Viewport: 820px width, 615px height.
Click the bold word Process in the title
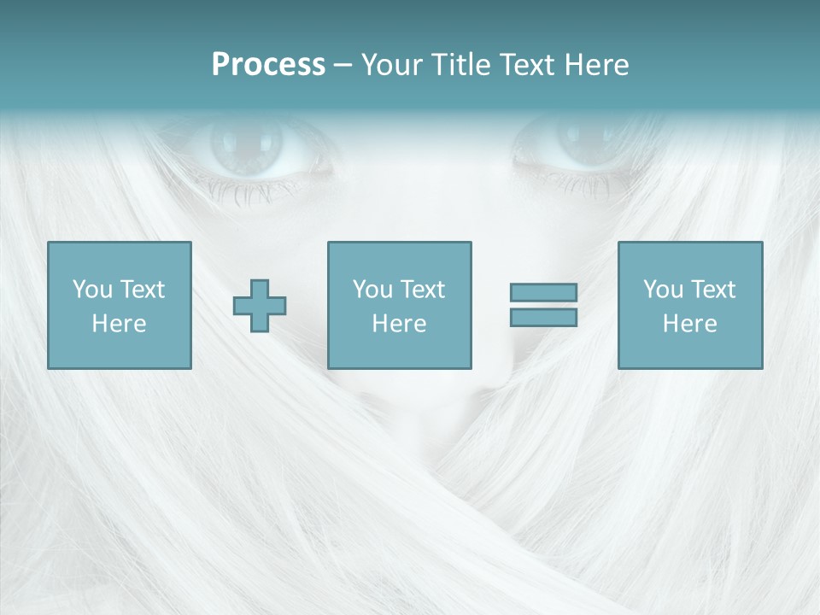(x=268, y=65)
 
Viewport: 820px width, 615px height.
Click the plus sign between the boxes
(x=260, y=306)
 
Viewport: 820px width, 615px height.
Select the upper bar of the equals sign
(x=543, y=293)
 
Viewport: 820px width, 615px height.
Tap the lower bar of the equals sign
(x=543, y=317)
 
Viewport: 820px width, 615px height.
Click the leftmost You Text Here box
(x=119, y=305)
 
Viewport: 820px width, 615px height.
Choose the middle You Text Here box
(x=399, y=305)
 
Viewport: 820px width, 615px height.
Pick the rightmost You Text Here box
(x=689, y=305)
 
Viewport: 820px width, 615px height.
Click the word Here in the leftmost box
(x=119, y=324)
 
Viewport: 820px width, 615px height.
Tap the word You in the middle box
(x=372, y=290)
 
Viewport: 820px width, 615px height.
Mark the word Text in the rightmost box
(x=712, y=290)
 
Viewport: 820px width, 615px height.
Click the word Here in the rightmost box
(x=689, y=324)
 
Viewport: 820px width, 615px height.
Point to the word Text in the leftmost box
(x=141, y=290)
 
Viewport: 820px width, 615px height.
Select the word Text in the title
(x=528, y=65)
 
